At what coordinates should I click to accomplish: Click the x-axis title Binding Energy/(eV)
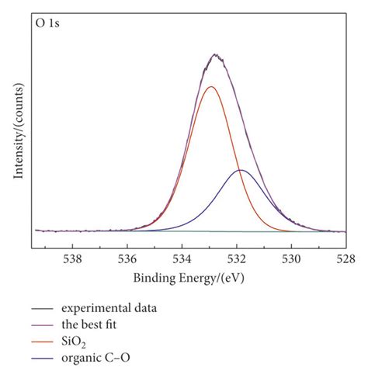pyautogui.click(x=187, y=278)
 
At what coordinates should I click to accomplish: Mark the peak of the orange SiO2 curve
pyautogui.click(x=210, y=87)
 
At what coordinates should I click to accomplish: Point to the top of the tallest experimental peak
pyautogui.click(x=216, y=55)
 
